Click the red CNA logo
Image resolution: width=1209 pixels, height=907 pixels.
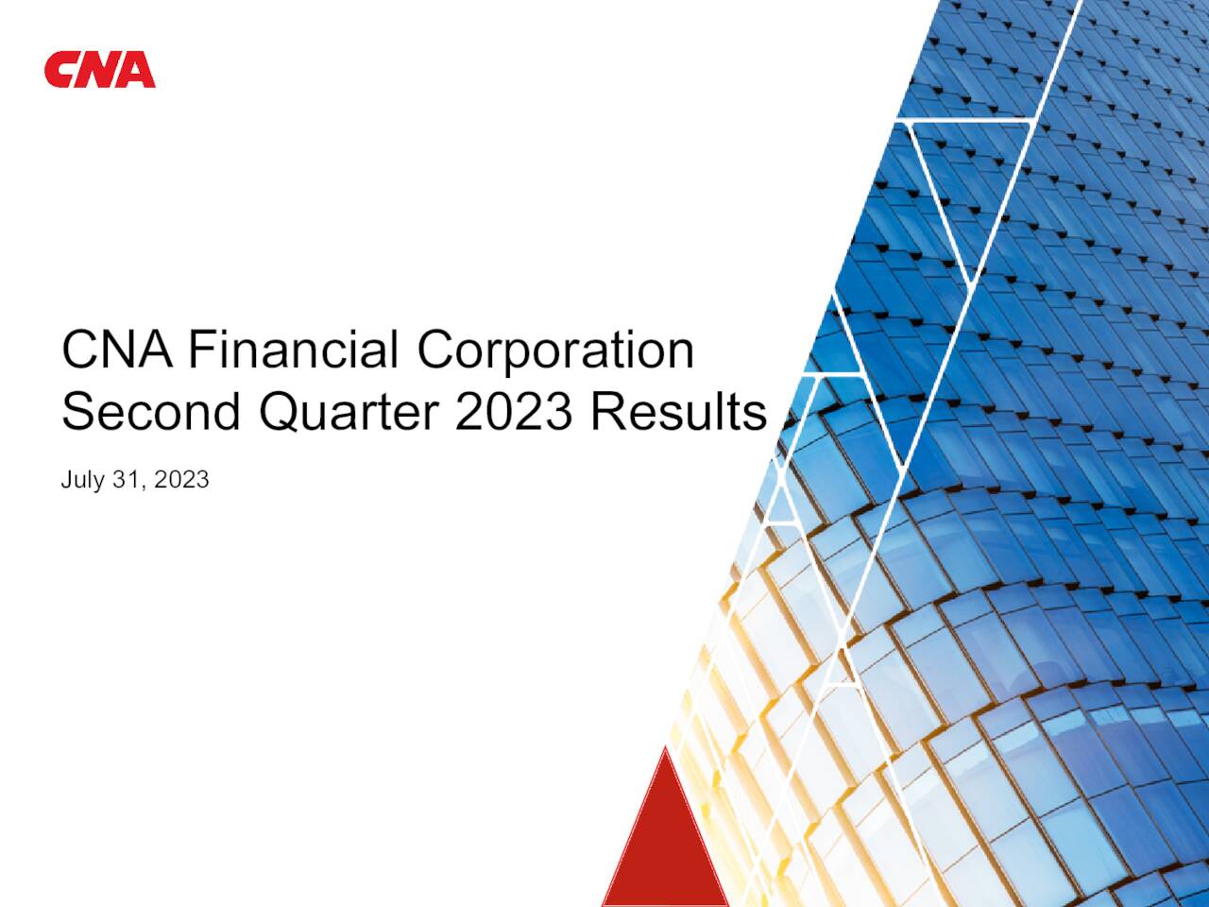(99, 71)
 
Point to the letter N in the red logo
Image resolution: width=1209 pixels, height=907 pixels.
(99, 71)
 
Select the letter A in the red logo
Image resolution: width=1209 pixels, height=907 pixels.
(137, 71)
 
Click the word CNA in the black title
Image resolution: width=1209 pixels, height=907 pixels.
(117, 350)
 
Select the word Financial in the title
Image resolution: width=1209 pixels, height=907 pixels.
(293, 350)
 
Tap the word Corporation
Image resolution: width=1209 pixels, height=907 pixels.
(555, 351)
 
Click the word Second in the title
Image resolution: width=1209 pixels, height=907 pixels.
(151, 413)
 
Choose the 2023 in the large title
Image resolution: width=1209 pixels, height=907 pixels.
(513, 413)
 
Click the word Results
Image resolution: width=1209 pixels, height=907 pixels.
(678, 413)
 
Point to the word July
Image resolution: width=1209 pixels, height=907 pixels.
(82, 480)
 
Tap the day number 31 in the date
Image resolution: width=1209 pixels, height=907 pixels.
(126, 480)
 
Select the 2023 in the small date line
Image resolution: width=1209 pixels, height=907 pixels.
(181, 480)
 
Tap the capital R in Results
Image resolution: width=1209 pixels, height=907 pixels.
(607, 413)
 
